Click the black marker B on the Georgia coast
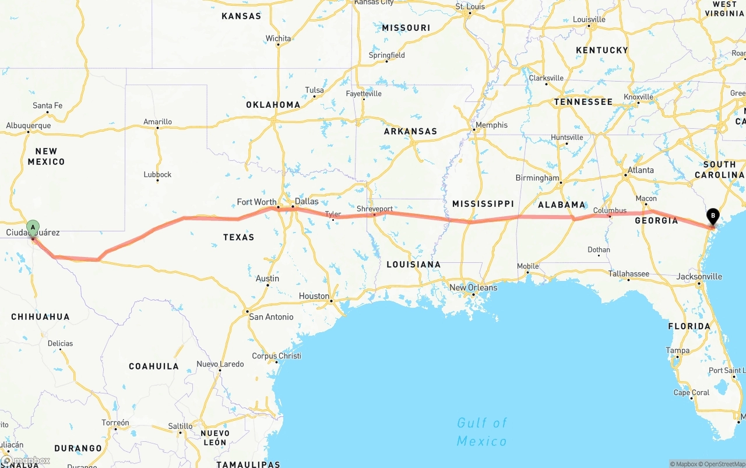click(712, 216)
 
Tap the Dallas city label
click(307, 201)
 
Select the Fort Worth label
click(256, 202)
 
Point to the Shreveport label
click(375, 209)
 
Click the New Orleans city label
click(473, 287)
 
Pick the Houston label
click(314, 296)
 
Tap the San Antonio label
click(271, 317)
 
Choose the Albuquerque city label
click(29, 125)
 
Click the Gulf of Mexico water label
click(482, 432)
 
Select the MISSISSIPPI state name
click(483, 203)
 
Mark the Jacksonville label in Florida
click(699, 276)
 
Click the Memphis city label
click(491, 125)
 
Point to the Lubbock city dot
click(157, 181)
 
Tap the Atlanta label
click(640, 170)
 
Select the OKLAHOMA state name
click(273, 105)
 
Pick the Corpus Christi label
click(276, 356)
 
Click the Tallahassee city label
click(629, 273)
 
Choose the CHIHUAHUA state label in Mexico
click(40, 317)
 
